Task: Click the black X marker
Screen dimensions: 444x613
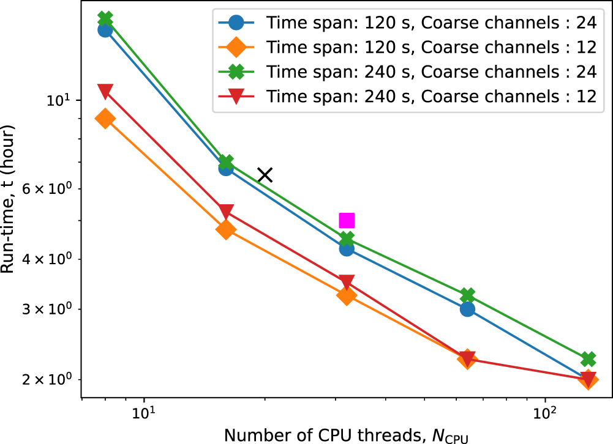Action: tap(265, 175)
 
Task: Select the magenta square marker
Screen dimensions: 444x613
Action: tap(347, 220)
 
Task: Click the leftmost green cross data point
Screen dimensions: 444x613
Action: tap(105, 18)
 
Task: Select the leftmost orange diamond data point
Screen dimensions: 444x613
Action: tap(105, 119)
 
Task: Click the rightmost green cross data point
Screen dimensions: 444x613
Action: tap(589, 358)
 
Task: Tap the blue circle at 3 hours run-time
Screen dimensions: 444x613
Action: tap(467, 309)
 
